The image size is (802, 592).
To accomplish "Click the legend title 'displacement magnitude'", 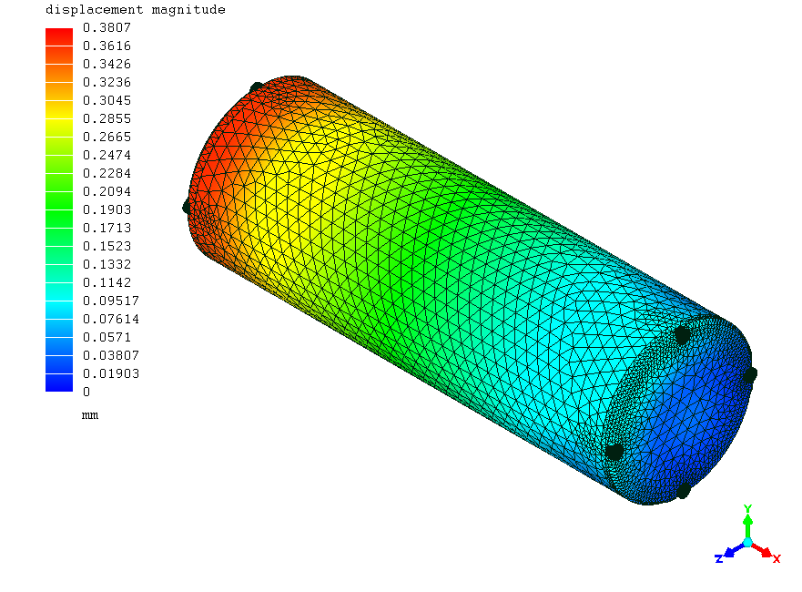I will pyautogui.click(x=135, y=10).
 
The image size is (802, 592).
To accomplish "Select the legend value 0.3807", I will pyautogui.click(x=107, y=27).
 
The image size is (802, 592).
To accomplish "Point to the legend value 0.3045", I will pyautogui.click(x=107, y=100).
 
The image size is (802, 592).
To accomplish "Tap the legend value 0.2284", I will pyautogui.click(x=107, y=173).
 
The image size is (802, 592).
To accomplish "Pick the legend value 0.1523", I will pyautogui.click(x=107, y=246).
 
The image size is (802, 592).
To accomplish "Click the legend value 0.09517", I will pyautogui.click(x=109, y=301).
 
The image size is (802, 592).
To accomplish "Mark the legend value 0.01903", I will pyautogui.click(x=109, y=373).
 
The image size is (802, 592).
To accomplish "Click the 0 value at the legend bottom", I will pyautogui.click(x=86, y=392).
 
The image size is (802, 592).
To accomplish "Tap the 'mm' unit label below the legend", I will pyautogui.click(x=89, y=415).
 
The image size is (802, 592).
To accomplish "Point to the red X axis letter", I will pyautogui.click(x=777, y=558).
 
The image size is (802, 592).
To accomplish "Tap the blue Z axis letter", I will pyautogui.click(x=719, y=558).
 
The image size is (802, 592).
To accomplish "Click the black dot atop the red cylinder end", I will pyautogui.click(x=257, y=88).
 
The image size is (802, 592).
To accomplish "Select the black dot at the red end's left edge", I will pyautogui.click(x=188, y=207).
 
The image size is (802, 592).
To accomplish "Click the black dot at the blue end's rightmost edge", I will pyautogui.click(x=749, y=374).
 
